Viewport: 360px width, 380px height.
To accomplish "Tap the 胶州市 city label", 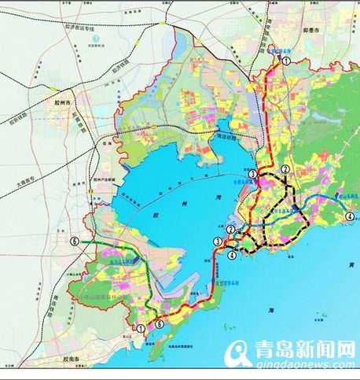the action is (61, 102).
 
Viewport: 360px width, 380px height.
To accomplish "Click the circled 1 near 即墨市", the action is (288, 61).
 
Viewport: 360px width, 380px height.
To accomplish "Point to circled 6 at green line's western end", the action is (74, 242).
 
